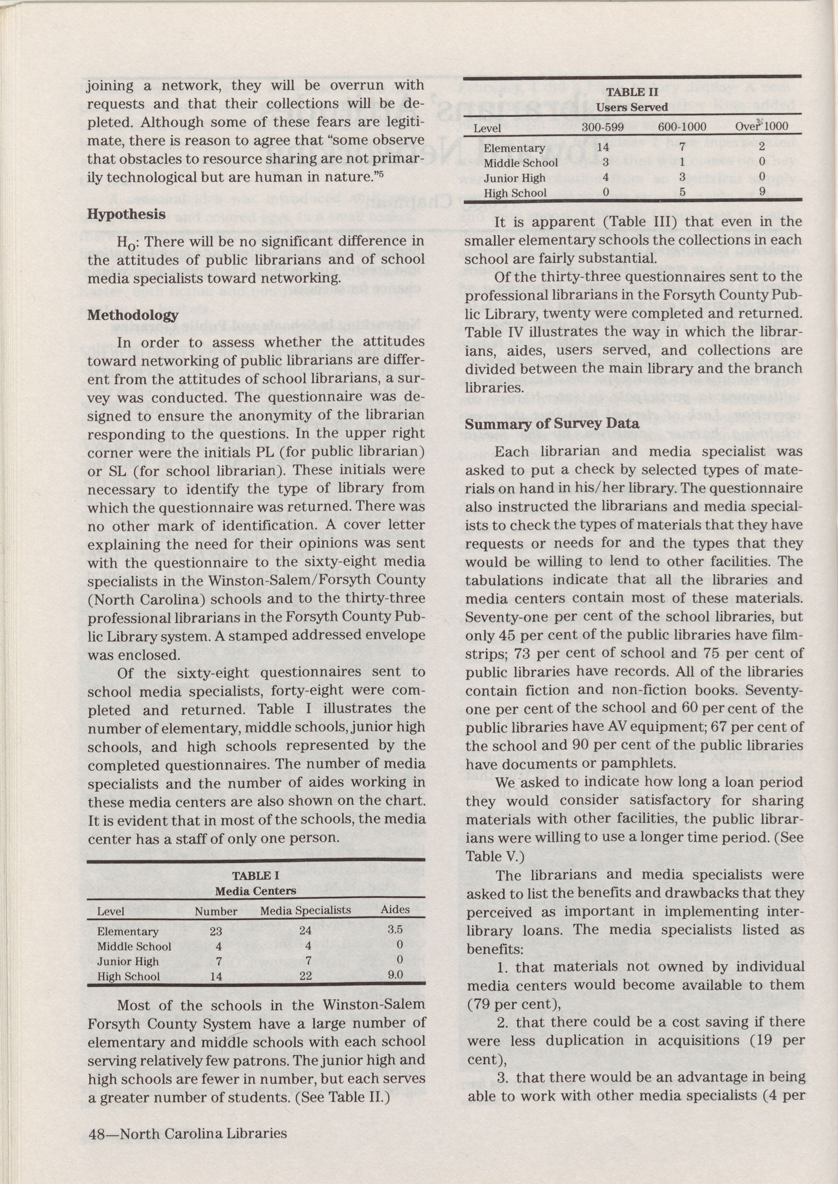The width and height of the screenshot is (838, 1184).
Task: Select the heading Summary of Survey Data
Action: click(552, 424)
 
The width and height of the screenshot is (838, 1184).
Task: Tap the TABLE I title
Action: click(256, 876)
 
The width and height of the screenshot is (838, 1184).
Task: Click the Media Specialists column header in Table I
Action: click(305, 910)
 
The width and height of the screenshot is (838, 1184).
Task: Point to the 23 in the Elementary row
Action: click(216, 932)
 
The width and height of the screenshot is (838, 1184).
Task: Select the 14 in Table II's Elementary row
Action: click(603, 148)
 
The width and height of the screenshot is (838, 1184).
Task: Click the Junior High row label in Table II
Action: click(514, 179)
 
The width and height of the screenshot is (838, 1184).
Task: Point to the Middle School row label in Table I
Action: click(134, 947)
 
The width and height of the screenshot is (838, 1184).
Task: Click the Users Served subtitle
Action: click(632, 107)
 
